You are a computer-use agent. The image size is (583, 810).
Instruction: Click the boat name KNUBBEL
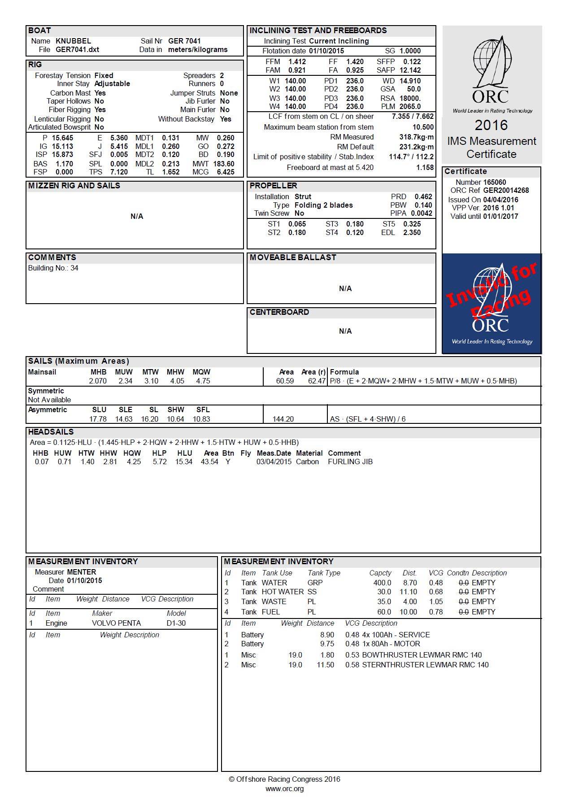(73, 41)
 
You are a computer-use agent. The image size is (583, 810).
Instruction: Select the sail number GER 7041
(184, 41)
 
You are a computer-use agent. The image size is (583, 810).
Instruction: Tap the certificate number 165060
(495, 182)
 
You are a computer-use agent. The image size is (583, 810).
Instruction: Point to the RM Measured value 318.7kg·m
(416, 137)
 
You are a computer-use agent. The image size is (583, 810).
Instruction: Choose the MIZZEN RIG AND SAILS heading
(74, 186)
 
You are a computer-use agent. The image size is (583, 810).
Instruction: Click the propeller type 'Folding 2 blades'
(323, 205)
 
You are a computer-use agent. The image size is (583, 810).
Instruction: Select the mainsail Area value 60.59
(285, 381)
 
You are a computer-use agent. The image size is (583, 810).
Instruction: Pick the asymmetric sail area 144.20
(283, 419)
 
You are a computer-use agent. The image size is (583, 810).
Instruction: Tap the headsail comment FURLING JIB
(350, 462)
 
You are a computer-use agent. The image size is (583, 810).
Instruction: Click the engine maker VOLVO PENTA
(116, 623)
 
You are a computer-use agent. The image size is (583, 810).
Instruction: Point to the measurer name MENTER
(81, 572)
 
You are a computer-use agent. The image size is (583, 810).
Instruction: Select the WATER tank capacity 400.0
(382, 583)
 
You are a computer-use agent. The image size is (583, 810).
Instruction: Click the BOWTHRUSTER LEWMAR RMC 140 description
(422, 655)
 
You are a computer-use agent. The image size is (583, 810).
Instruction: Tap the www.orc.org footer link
(284, 788)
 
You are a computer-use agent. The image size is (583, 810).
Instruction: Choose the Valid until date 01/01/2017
(500, 216)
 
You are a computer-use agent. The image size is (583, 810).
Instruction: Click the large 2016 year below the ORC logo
(491, 125)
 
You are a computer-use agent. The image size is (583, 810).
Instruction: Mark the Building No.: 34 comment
(53, 268)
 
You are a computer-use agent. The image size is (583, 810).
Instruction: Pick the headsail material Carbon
(307, 462)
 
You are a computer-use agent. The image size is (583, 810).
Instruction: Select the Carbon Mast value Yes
(100, 93)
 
